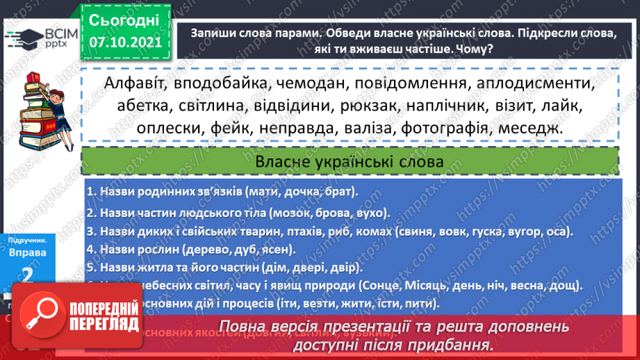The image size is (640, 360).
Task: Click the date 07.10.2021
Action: coord(125,42)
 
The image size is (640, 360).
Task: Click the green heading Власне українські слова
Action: coord(350,161)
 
